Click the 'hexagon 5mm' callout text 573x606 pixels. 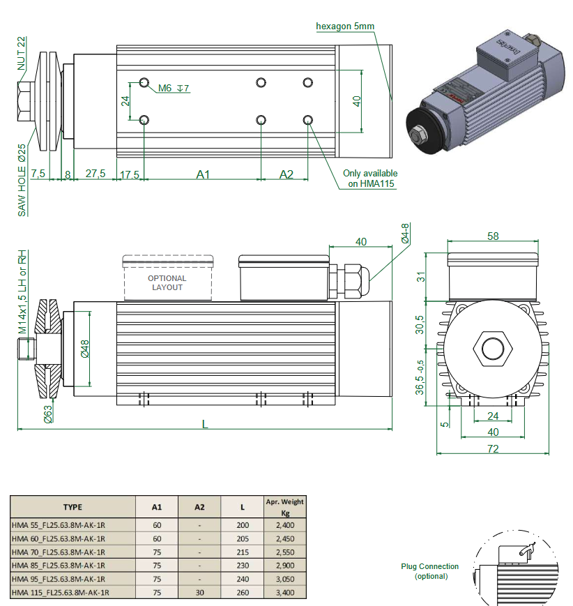point(345,26)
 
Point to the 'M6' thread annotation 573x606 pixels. point(165,89)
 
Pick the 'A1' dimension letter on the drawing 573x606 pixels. point(202,174)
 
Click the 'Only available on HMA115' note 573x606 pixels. point(370,179)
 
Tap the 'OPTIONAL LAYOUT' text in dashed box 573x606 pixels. point(167,282)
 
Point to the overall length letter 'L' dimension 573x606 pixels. point(205,423)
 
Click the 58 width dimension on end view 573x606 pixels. point(493,236)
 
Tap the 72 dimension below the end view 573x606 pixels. point(493,449)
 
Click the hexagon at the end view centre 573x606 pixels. point(493,349)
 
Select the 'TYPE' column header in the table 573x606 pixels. point(72,508)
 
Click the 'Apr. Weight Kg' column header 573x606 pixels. point(284,507)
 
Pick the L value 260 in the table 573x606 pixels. point(242,593)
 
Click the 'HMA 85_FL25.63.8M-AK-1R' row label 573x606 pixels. point(59,566)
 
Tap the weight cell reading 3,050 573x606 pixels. point(284,579)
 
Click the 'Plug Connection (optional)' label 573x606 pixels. point(429,571)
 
